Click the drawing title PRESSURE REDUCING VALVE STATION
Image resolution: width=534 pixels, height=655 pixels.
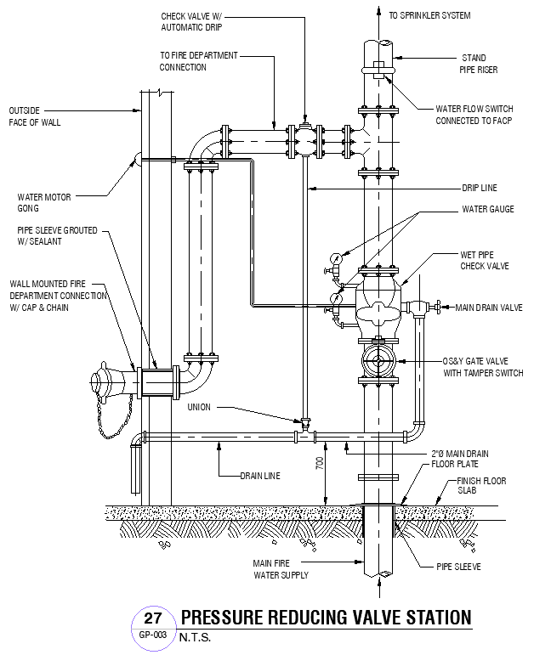coord(325,617)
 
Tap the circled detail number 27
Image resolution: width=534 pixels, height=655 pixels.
coord(153,618)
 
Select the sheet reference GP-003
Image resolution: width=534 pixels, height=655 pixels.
coord(153,634)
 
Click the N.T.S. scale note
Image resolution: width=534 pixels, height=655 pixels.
coord(194,636)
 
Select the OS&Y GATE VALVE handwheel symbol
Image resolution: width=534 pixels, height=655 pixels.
coord(376,361)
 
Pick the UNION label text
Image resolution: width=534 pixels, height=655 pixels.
coord(200,406)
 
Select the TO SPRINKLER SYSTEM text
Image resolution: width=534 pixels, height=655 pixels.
coord(429,15)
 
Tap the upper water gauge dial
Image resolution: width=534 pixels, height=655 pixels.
coord(338,257)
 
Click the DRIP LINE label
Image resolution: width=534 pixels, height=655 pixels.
coord(480,188)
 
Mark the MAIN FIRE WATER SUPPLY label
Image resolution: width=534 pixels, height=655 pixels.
coord(280,568)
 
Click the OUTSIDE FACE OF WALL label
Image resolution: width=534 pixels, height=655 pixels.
coord(35,116)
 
